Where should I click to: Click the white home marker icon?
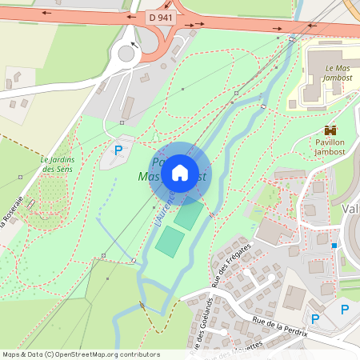[180, 171]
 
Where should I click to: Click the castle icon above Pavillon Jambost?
[329, 130]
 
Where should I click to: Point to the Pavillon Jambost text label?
[330, 146]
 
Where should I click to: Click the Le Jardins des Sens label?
[58, 163]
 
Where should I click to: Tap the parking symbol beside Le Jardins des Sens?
[118, 150]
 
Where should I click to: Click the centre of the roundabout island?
[126, 54]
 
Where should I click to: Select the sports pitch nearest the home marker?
[189, 215]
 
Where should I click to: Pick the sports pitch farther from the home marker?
[169, 242]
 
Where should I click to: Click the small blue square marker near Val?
[334, 246]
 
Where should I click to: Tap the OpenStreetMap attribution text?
[81, 354]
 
